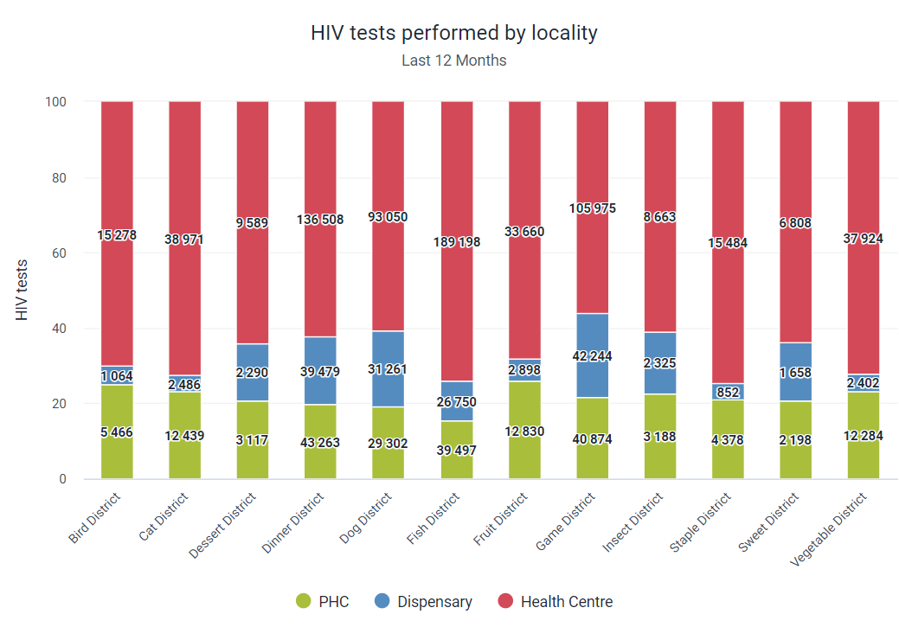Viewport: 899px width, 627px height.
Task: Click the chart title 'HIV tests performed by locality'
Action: pyautogui.click(x=454, y=33)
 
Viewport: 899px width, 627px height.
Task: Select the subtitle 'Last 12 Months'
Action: pyautogui.click(x=454, y=61)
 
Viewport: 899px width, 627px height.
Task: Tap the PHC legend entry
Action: pyautogui.click(x=322, y=601)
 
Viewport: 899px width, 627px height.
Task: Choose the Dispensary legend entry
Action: pyautogui.click(x=423, y=601)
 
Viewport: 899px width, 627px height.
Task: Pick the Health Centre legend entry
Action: pyautogui.click(x=555, y=601)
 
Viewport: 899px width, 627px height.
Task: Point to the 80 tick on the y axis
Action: pyautogui.click(x=59, y=177)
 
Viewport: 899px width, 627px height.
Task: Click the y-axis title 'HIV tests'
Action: pyautogui.click(x=22, y=290)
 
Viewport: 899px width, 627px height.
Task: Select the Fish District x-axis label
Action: pyautogui.click(x=433, y=518)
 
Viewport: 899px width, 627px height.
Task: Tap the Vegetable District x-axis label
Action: pyautogui.click(x=828, y=529)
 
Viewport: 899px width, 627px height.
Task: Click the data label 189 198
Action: pyautogui.click(x=457, y=242)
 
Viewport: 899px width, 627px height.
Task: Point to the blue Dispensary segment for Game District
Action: pyautogui.click(x=592, y=355)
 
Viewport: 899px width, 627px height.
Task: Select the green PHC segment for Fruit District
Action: pyautogui.click(x=524, y=430)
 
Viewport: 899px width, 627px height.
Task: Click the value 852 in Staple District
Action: pyautogui.click(x=729, y=392)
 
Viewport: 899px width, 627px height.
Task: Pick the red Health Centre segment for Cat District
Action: pyautogui.click(x=184, y=239)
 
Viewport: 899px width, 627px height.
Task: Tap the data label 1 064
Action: pyautogui.click(x=117, y=376)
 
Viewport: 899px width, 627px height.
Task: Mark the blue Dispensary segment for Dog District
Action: pyautogui.click(x=388, y=369)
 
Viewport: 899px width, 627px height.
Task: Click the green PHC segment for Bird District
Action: pyautogui.click(x=117, y=432)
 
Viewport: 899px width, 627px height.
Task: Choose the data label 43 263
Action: pyautogui.click(x=320, y=443)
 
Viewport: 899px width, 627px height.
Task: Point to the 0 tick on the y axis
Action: pyautogui.click(x=62, y=479)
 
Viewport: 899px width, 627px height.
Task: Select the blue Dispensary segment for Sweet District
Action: pyautogui.click(x=796, y=372)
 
